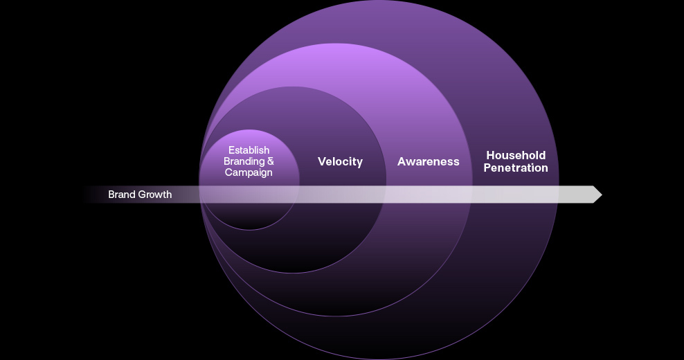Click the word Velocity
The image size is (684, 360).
pyautogui.click(x=340, y=161)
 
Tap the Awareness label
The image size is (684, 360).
pyautogui.click(x=428, y=161)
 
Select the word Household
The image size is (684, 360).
pyautogui.click(x=516, y=155)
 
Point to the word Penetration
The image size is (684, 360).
pyautogui.click(x=516, y=168)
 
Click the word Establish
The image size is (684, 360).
pyautogui.click(x=249, y=150)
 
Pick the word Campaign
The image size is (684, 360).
pyautogui.click(x=249, y=172)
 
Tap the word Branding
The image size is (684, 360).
pyautogui.click(x=244, y=161)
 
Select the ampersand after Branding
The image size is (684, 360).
pyautogui.click(x=271, y=161)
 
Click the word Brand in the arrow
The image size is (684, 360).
pyautogui.click(x=121, y=195)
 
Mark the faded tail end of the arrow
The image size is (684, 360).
pyautogui.click(x=87, y=195)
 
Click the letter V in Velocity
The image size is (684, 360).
pyautogui.click(x=321, y=161)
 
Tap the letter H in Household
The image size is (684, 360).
pyautogui.click(x=490, y=155)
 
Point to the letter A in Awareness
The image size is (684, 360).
pyautogui.click(x=402, y=161)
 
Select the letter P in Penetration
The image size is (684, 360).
pyautogui.click(x=487, y=168)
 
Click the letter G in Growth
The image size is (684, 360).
pyautogui.click(x=141, y=195)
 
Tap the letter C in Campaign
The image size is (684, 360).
pyautogui.click(x=229, y=172)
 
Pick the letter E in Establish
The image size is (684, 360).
pyautogui.click(x=231, y=150)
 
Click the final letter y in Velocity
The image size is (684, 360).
pyautogui.click(x=359, y=163)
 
